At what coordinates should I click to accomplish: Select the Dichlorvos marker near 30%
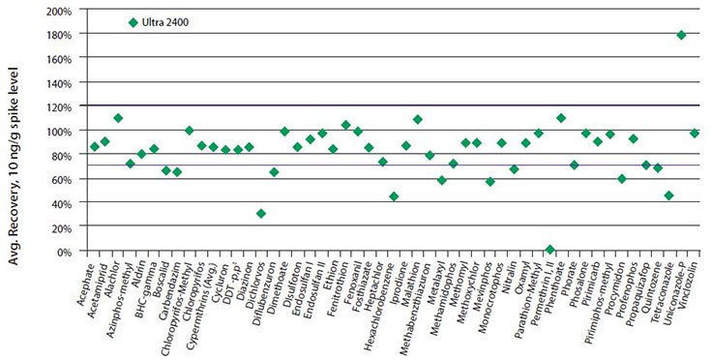[261, 214]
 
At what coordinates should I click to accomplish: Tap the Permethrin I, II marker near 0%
[549, 250]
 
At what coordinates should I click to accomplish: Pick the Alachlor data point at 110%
[118, 118]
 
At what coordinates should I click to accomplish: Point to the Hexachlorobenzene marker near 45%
[394, 196]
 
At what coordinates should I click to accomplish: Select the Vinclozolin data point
[694, 134]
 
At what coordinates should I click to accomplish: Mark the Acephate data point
[94, 146]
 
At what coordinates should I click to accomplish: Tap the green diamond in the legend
[133, 22]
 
